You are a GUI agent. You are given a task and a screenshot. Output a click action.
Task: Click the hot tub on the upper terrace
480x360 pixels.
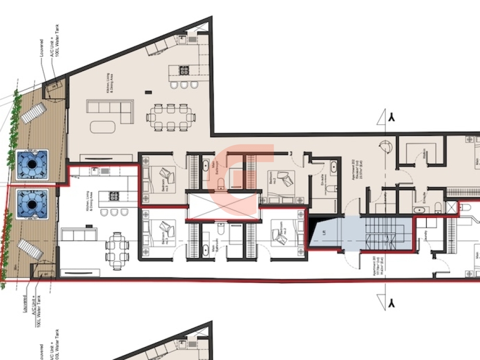pos(32,165)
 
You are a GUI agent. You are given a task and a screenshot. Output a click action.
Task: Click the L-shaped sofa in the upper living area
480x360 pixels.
pos(110,110)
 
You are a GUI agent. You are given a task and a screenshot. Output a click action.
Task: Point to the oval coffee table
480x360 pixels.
pos(103,127)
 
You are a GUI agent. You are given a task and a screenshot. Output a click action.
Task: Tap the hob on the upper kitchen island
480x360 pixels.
pos(184,71)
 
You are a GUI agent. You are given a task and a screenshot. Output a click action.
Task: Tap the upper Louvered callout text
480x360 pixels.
pos(42,48)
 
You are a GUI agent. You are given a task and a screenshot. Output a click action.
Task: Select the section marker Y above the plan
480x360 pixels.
pos(392,118)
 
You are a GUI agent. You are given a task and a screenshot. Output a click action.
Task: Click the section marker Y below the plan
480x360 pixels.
pos(392,303)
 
